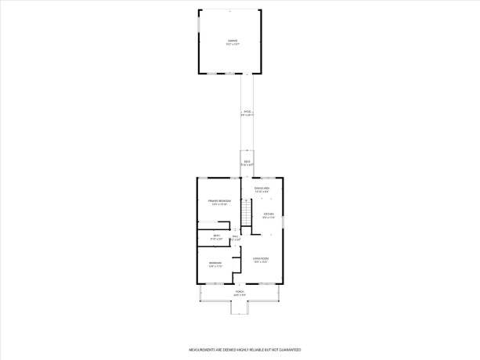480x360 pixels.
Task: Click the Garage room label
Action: [233, 40]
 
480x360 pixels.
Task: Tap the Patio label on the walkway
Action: [247, 112]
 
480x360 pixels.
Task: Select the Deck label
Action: [247, 162]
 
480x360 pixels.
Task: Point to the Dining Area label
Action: [262, 189]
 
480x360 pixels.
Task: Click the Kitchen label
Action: [268, 214]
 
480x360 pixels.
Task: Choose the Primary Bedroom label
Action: [219, 201]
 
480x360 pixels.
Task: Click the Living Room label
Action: [261, 258]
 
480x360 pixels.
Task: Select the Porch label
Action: [240, 291]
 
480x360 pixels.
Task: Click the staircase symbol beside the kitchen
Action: [245, 212]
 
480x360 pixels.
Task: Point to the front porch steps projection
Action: [240, 307]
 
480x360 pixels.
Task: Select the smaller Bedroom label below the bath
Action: [215, 263]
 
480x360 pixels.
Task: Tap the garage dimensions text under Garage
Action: [233, 44]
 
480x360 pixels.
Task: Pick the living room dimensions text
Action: [261, 262]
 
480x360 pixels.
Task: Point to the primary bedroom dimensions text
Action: [219, 205]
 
